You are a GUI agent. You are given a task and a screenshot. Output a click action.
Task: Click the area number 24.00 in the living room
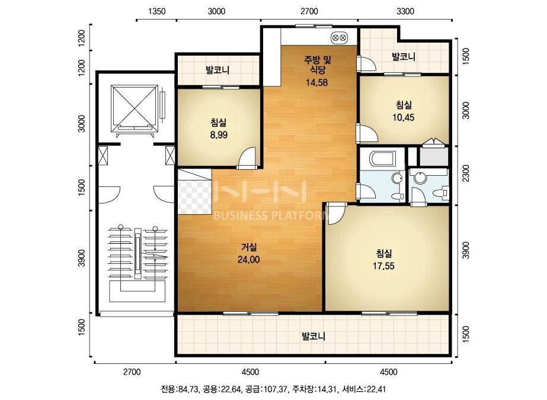click(248, 260)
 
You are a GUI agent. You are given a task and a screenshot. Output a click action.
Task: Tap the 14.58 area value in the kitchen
click(316, 83)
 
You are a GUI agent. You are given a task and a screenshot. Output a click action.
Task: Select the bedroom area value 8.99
click(219, 135)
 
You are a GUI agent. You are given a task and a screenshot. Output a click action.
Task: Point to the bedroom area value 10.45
click(403, 117)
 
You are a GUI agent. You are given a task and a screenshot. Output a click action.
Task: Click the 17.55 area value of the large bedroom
click(383, 266)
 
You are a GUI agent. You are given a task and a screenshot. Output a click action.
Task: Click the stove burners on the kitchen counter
click(339, 37)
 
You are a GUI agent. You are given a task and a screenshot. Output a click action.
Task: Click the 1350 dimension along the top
click(156, 11)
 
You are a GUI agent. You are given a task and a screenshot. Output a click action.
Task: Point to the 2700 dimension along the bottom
click(132, 372)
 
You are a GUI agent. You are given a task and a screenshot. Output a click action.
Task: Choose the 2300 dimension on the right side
click(466, 173)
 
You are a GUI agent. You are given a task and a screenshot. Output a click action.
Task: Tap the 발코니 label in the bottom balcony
click(314, 336)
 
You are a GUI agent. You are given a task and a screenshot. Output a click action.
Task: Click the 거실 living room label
click(249, 247)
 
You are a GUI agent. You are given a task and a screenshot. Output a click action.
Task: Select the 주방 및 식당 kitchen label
click(316, 64)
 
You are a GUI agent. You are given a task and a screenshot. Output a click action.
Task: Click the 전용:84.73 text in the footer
click(179, 389)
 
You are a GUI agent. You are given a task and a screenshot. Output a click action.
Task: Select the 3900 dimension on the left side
click(82, 258)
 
